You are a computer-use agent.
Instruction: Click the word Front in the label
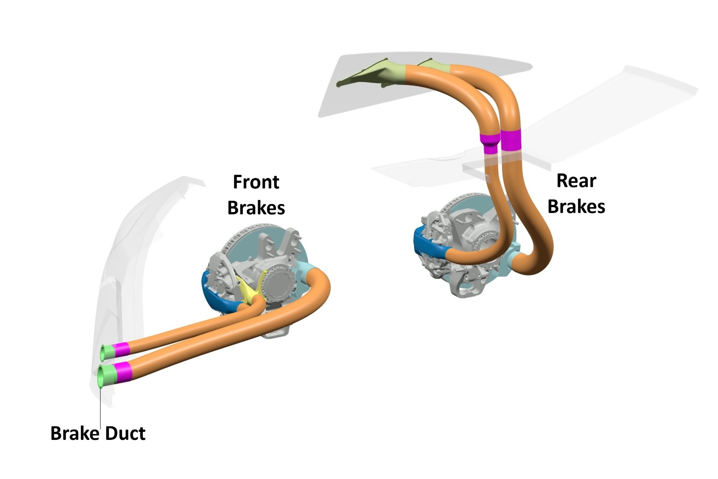pos(256,182)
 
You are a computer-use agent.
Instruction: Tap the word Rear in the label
pos(576,181)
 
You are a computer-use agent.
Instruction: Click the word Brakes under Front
pos(256,208)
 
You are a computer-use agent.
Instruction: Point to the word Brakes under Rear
pos(576,206)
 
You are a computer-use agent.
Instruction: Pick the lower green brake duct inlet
pos(106,376)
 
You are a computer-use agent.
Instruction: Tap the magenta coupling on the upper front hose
pos(121,349)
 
